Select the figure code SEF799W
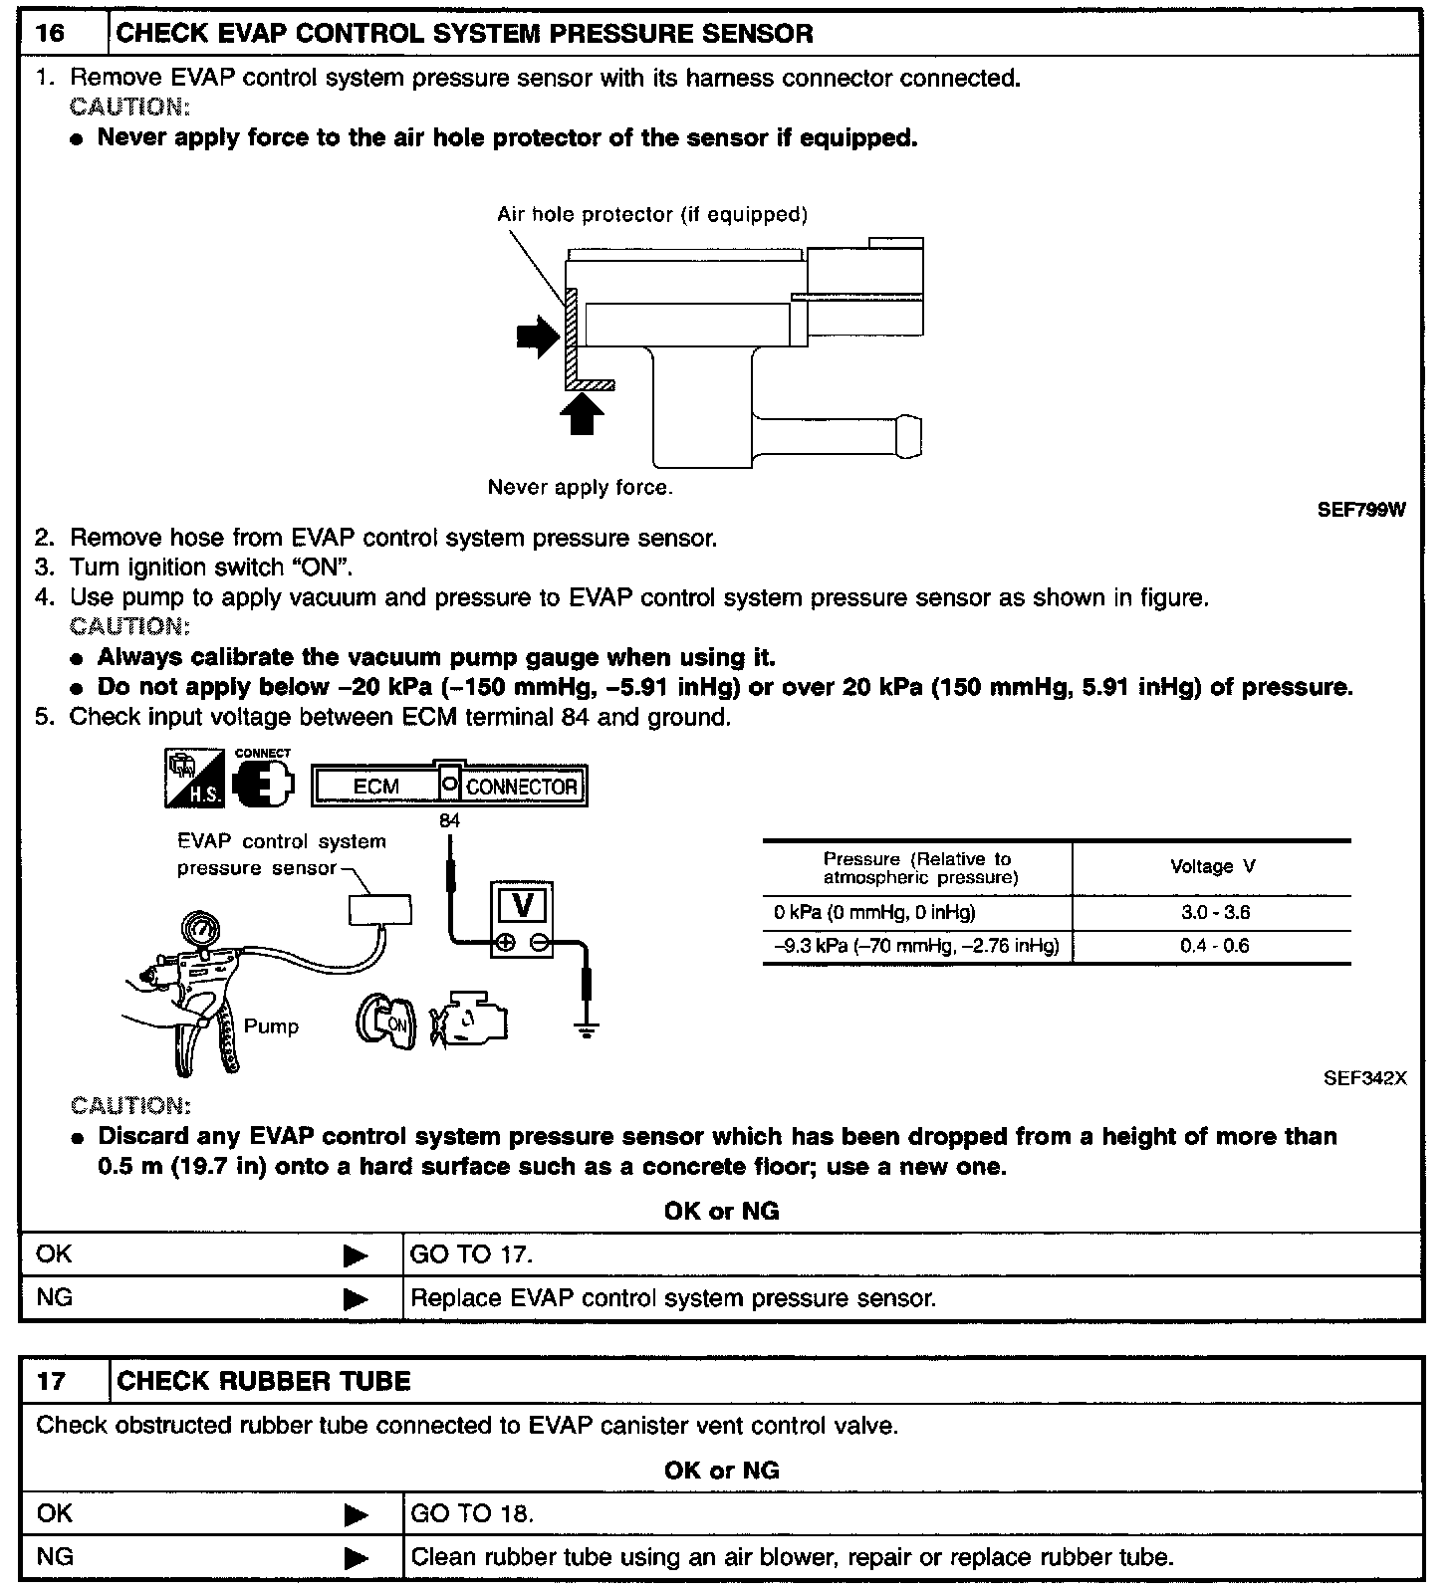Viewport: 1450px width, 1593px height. [x=1361, y=510]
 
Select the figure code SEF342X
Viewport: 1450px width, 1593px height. [x=1364, y=1078]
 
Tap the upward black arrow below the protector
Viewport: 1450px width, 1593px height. [x=583, y=413]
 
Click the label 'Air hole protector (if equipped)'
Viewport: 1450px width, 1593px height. [x=652, y=214]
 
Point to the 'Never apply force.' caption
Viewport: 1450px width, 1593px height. [x=580, y=487]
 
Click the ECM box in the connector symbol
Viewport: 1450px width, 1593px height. [x=375, y=787]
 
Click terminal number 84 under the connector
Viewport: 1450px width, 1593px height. [x=449, y=821]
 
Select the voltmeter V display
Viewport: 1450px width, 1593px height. [x=522, y=906]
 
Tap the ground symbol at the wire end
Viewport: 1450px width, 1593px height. [x=588, y=1029]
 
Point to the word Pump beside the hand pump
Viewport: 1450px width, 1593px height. [x=271, y=1026]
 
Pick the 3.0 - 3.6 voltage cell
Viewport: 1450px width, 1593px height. [x=1214, y=912]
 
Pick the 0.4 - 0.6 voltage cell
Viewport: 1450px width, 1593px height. [x=1214, y=946]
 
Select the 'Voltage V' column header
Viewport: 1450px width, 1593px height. [x=1212, y=866]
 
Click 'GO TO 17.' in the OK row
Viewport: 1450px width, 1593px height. [x=471, y=1254]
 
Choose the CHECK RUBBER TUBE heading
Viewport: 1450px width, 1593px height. [x=264, y=1381]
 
